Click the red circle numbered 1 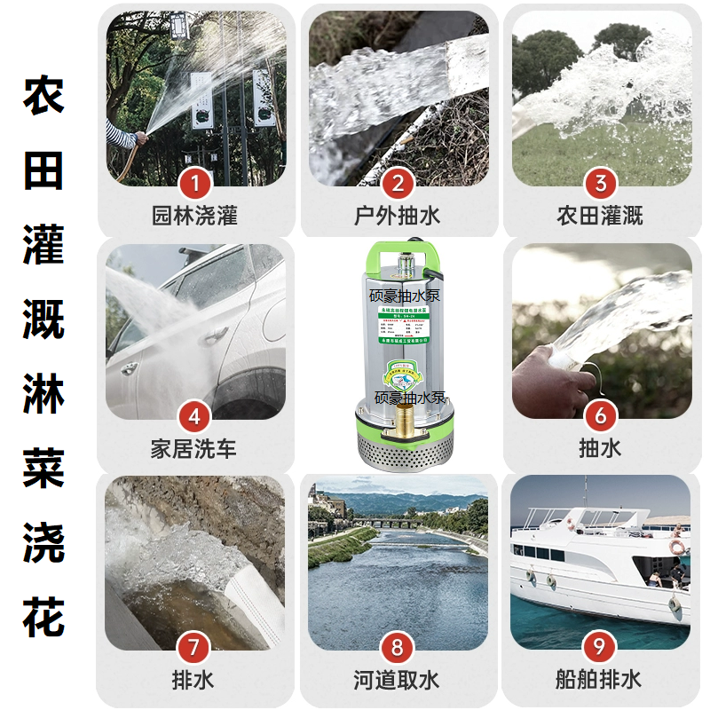[194, 184]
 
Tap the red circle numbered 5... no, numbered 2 [398, 184]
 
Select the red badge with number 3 [601, 184]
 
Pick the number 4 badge [194, 416]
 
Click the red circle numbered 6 [601, 416]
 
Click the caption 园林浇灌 [194, 216]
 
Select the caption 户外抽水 [398, 216]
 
